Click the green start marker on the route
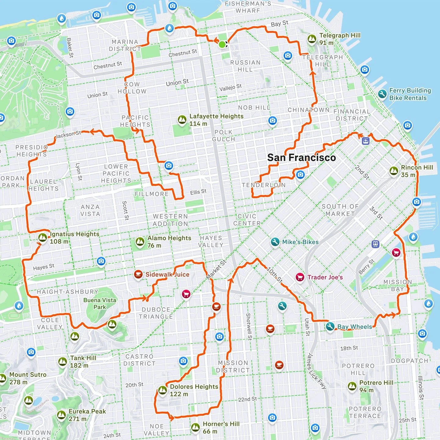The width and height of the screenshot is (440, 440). (222, 45)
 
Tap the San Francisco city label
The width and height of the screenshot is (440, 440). (301, 158)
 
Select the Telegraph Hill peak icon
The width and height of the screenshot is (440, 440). (312, 39)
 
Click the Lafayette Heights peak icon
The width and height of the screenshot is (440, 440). (182, 119)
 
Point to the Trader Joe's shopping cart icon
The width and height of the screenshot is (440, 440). (300, 277)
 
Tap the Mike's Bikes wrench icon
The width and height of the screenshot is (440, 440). (275, 242)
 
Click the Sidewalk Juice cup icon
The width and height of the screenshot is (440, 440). (138, 274)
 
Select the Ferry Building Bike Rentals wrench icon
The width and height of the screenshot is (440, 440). (382, 94)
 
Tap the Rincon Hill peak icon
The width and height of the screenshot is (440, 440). (394, 171)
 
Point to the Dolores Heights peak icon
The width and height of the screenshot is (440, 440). (163, 390)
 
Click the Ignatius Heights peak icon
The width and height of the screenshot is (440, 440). (43, 237)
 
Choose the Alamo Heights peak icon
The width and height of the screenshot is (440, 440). (140, 242)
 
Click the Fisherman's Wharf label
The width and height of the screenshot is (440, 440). (248, 7)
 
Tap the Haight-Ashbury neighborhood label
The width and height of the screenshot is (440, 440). (68, 292)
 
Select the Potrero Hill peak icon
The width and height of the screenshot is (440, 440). (352, 386)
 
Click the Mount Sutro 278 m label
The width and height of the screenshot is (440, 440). (28, 378)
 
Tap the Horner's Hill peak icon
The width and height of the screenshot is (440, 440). (196, 427)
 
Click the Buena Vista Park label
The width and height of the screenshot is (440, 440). (100, 303)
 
